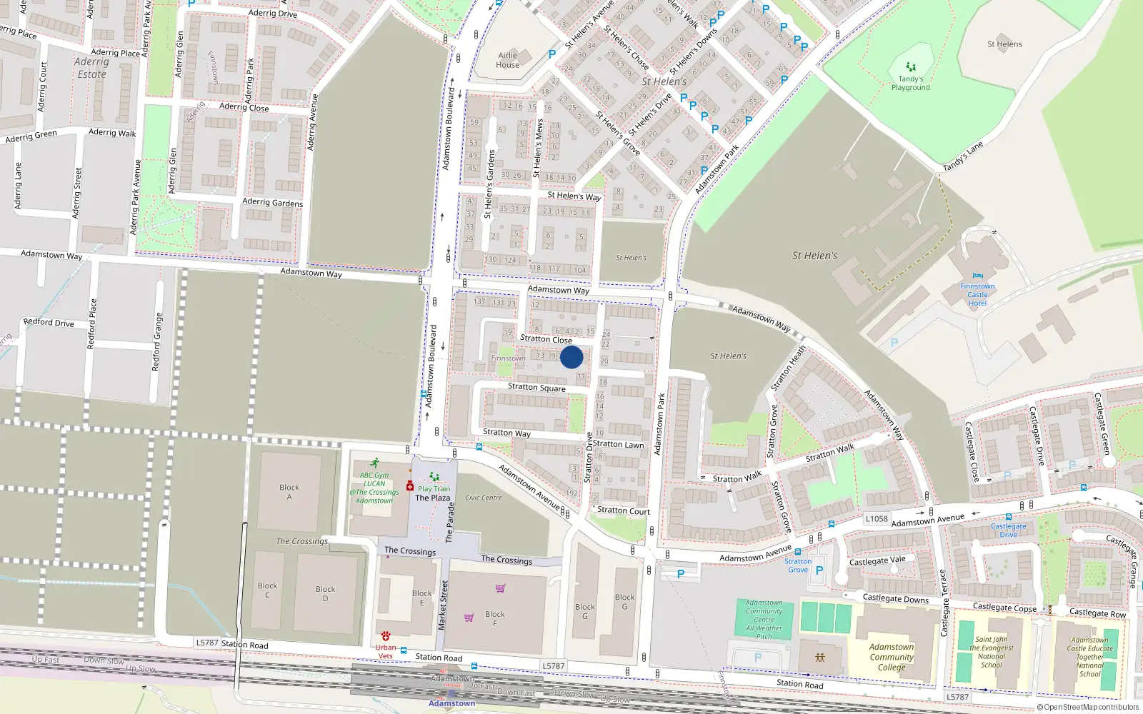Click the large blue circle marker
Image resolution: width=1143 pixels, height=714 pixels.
(x=571, y=357)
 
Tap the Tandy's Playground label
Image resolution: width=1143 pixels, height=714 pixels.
(x=910, y=84)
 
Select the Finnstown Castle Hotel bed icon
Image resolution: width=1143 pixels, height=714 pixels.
(x=977, y=276)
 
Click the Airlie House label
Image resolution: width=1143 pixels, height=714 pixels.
(x=508, y=60)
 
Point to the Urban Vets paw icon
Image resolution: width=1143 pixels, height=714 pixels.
(x=386, y=635)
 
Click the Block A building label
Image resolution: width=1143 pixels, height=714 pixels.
(x=289, y=492)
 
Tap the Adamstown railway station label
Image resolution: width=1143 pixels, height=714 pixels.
(x=451, y=703)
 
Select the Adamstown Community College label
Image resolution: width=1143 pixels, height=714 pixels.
(x=892, y=657)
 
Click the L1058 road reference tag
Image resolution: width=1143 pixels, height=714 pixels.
(x=877, y=519)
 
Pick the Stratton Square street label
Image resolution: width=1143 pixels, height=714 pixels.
(x=536, y=387)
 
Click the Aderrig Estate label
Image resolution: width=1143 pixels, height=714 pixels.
(x=91, y=68)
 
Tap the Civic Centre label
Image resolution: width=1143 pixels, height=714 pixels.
(x=484, y=498)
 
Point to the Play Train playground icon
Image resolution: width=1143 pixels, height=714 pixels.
(x=434, y=477)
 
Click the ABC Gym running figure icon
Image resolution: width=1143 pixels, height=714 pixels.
(x=374, y=463)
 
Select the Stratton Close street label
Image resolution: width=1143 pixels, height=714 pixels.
(x=546, y=339)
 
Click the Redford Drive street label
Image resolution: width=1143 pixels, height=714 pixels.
(x=49, y=323)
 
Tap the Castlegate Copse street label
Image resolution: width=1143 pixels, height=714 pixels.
(x=1004, y=608)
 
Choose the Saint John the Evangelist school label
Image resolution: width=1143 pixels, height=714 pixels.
(x=992, y=652)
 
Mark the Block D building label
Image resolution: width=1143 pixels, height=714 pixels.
(x=325, y=593)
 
